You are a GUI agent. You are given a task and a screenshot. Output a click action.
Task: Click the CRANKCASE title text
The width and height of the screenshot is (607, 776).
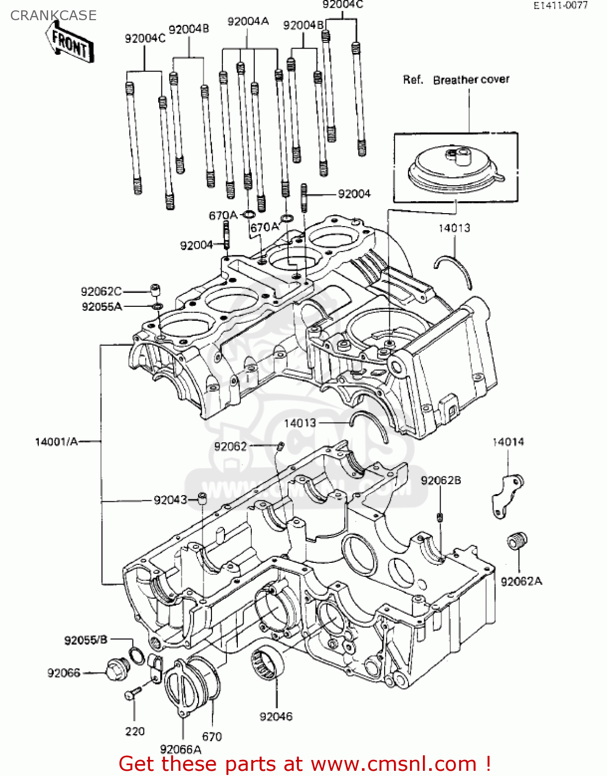53,16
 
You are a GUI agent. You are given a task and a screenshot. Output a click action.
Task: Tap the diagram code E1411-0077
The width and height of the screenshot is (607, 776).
560,6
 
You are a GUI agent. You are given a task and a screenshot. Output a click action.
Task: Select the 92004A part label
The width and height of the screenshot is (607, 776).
248,21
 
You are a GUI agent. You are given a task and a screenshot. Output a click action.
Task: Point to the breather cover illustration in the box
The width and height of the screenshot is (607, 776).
454,169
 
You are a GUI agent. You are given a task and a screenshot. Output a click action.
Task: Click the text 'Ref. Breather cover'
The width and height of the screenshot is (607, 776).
456,80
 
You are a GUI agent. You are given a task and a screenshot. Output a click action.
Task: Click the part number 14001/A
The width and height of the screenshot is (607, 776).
56,441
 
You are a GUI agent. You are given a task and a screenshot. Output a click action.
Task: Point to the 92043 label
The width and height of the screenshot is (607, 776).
170,500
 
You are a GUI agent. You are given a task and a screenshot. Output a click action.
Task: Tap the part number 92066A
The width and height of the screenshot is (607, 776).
180,749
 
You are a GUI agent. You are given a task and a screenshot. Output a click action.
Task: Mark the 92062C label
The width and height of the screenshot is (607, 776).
101,291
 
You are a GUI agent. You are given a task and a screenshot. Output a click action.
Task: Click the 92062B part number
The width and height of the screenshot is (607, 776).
441,481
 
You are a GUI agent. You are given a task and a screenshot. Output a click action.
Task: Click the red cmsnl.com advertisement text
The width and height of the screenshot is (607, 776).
305,764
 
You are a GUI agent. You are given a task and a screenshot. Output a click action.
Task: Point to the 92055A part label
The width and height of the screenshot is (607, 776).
102,307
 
